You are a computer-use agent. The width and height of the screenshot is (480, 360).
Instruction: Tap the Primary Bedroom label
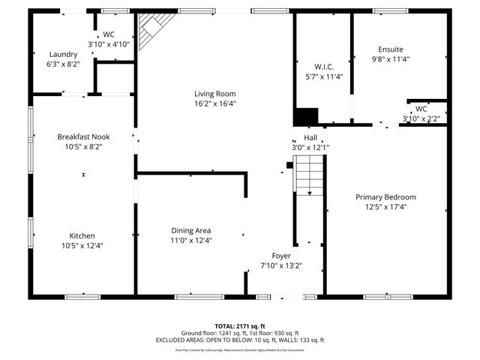click(385, 197)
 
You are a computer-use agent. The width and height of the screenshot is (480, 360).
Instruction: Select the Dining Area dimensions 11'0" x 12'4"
click(190, 241)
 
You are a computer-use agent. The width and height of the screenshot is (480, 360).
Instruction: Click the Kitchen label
click(82, 235)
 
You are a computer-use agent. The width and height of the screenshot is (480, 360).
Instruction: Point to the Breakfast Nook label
click(83, 136)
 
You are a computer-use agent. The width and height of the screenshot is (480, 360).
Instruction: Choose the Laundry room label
click(63, 54)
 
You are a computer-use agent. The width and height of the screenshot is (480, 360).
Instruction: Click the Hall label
click(310, 137)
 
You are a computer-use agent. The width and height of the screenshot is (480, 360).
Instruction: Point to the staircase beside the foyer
click(307, 179)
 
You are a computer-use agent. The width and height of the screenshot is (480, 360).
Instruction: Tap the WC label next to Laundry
click(109, 34)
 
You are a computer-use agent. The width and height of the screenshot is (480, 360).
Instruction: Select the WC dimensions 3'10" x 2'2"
click(421, 118)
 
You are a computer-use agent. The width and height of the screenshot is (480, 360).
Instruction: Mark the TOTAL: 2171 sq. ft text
click(239, 326)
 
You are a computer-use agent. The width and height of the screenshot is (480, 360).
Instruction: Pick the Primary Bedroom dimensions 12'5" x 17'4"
click(385, 207)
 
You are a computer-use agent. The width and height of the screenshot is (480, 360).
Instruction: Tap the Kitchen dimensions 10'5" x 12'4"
click(82, 245)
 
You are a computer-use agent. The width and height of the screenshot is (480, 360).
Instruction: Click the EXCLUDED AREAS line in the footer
click(239, 340)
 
